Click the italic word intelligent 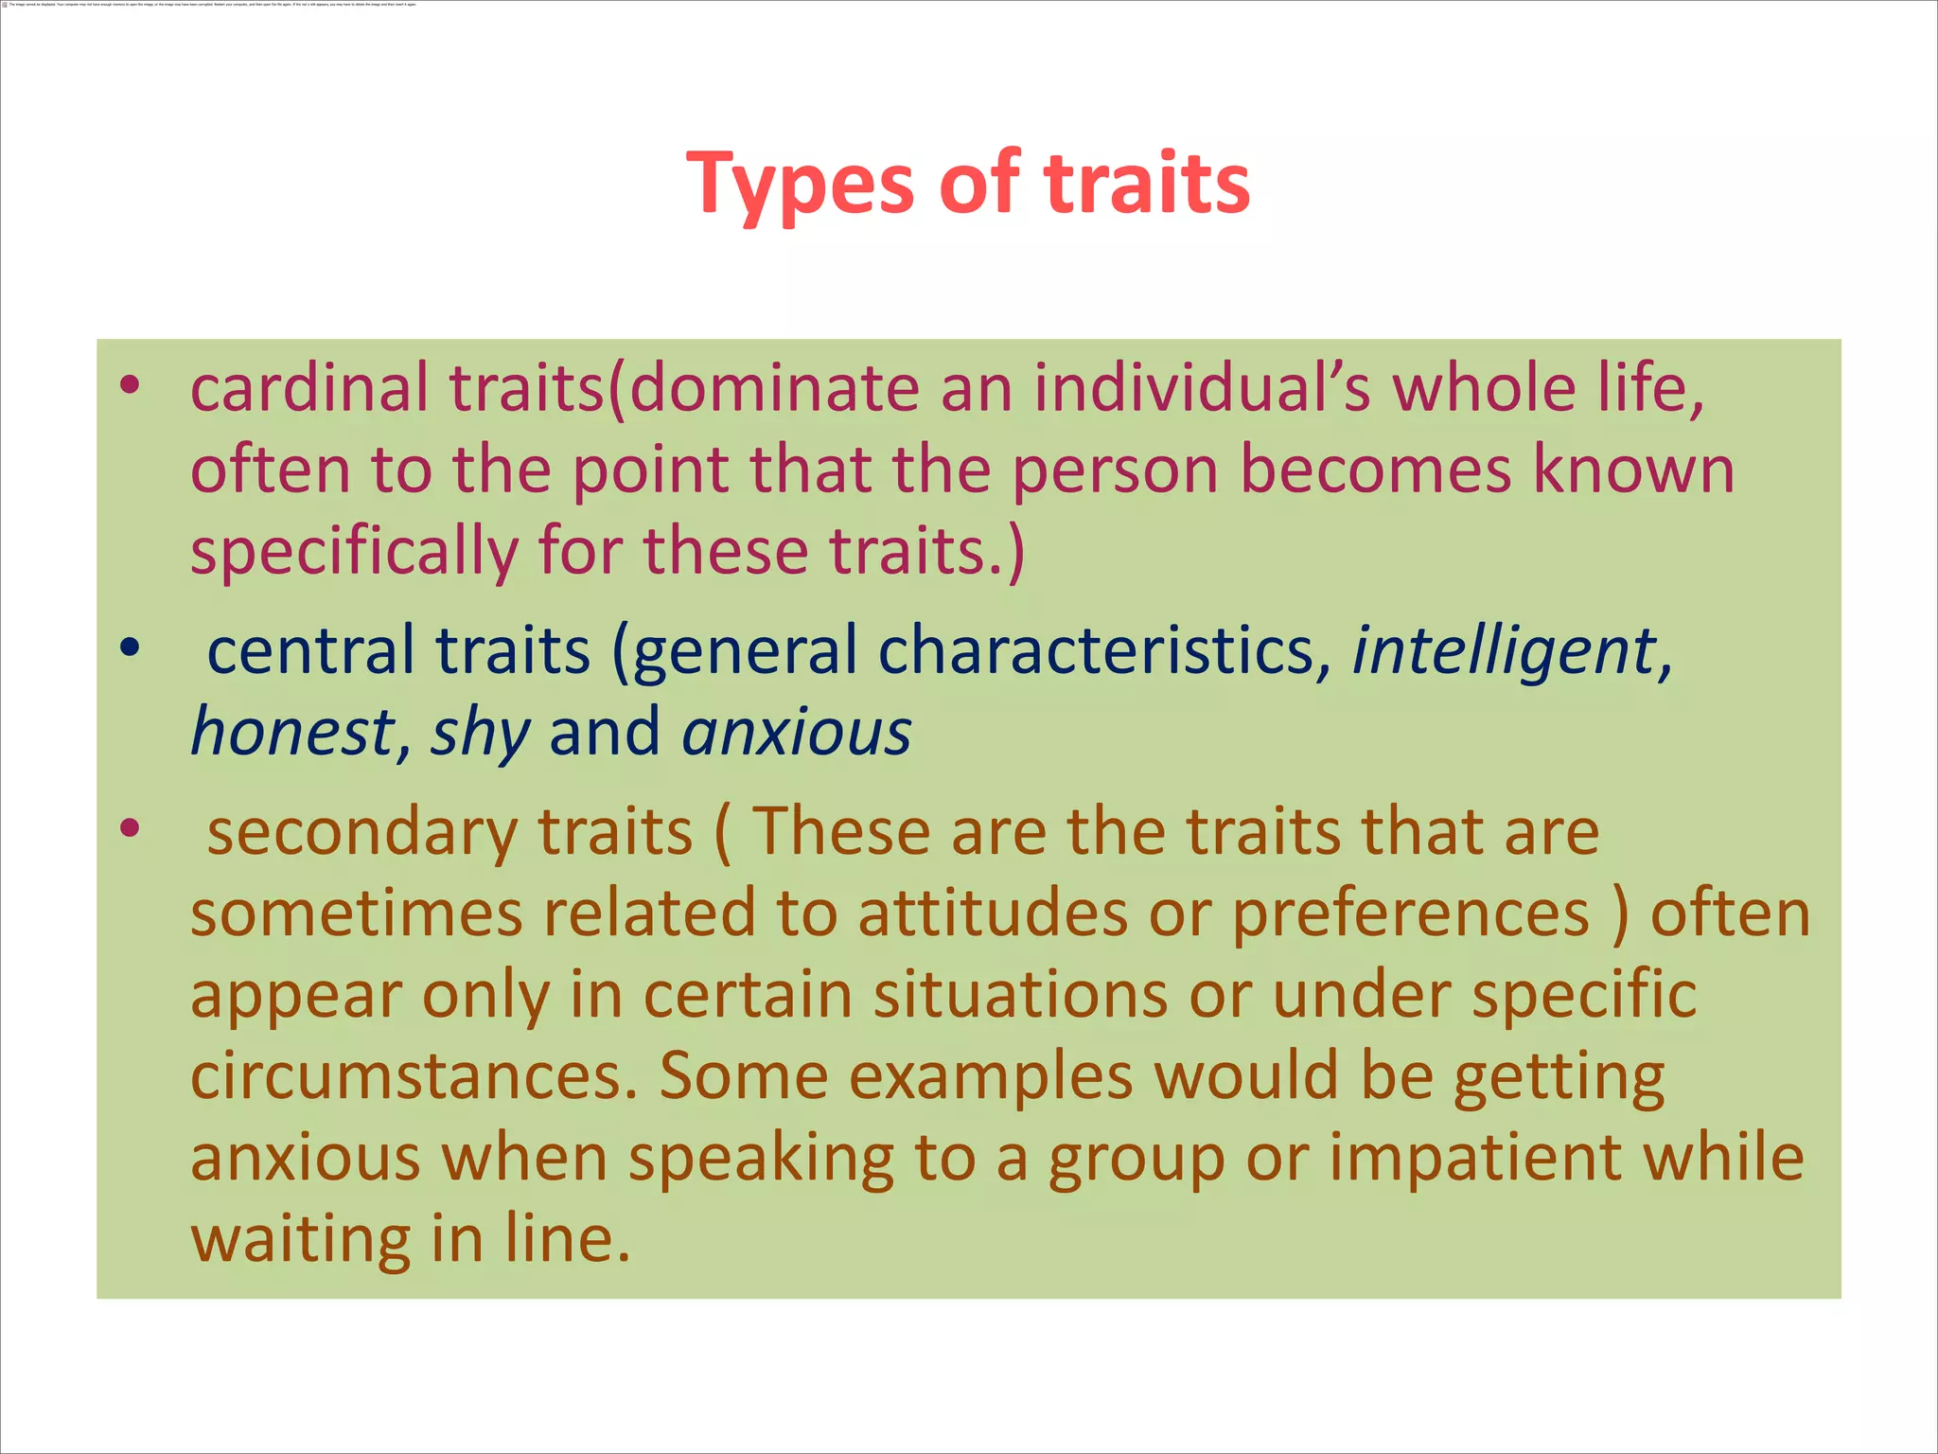[1504, 652]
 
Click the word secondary [361, 832]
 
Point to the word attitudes [993, 913]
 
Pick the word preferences [1411, 915]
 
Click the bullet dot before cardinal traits [131, 385]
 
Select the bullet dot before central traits [131, 647]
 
